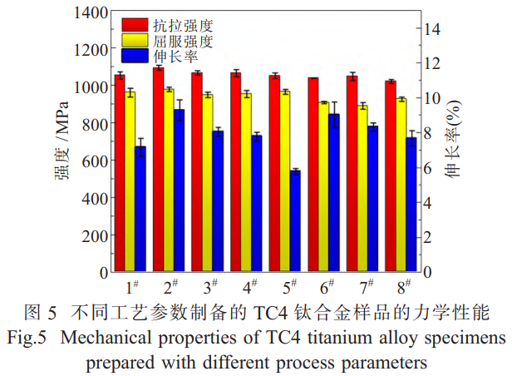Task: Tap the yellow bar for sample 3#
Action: tap(207, 183)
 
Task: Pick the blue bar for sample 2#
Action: tap(179, 190)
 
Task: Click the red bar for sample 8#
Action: tap(390, 176)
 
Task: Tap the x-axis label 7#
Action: tap(367, 287)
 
